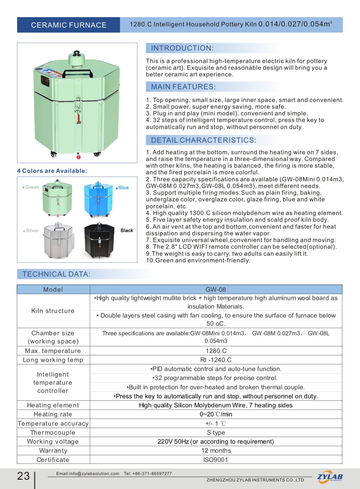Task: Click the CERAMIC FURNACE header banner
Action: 69,25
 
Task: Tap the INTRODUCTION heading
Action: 182,48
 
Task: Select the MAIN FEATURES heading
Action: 183,87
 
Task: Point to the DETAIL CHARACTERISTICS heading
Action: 204,140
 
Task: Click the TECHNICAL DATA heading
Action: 56,274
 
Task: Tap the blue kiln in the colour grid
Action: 98,200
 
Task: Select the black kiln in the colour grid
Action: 99,241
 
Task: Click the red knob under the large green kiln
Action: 78,157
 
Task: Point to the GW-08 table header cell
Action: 216,289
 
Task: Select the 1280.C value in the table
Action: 216,351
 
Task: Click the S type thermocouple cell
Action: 216,432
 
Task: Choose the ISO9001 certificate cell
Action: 216,460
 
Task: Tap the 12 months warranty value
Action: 216,450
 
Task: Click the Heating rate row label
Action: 53,414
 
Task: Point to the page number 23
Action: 24,476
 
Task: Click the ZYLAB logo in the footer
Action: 330,477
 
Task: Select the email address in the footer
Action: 88,474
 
